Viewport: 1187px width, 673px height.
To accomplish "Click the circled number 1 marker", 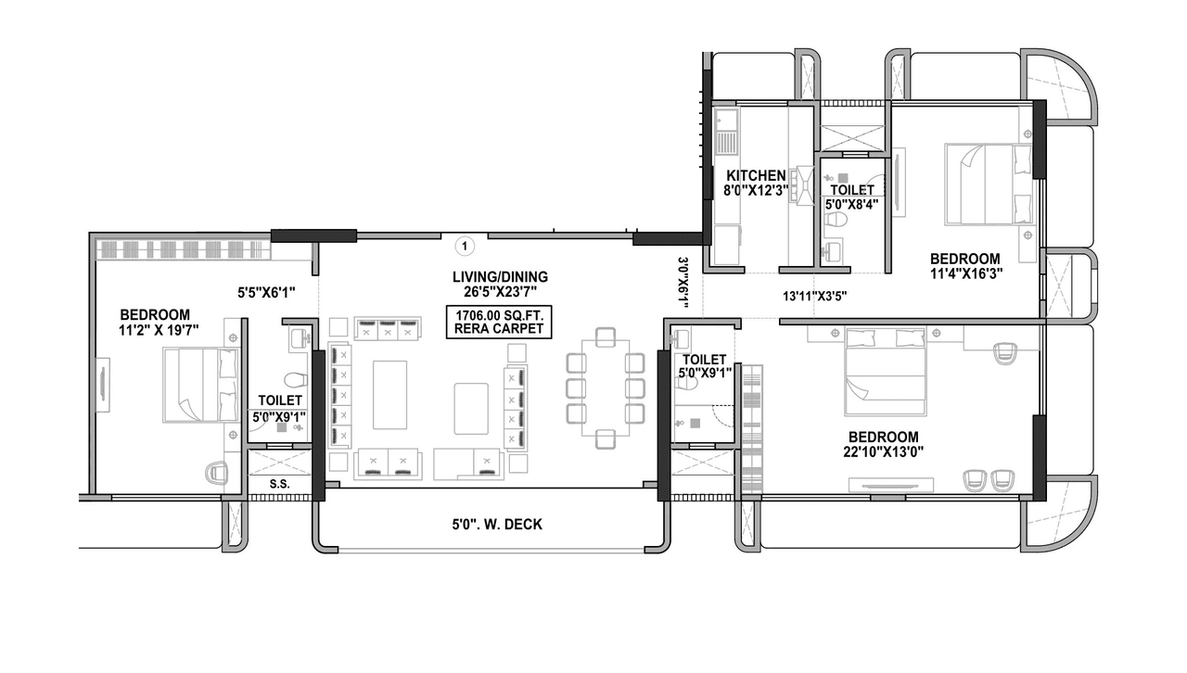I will coord(466,246).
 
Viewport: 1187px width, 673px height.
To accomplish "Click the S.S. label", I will coord(277,484).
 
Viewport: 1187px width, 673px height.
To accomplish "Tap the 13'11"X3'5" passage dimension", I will coord(814,297).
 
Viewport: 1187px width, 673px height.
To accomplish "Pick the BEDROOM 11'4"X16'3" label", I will coord(965,266).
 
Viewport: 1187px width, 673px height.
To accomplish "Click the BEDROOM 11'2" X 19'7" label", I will coord(154,322).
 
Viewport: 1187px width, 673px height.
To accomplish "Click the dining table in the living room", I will coord(605,387).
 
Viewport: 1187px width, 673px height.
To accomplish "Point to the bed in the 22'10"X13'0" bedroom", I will coord(886,375).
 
